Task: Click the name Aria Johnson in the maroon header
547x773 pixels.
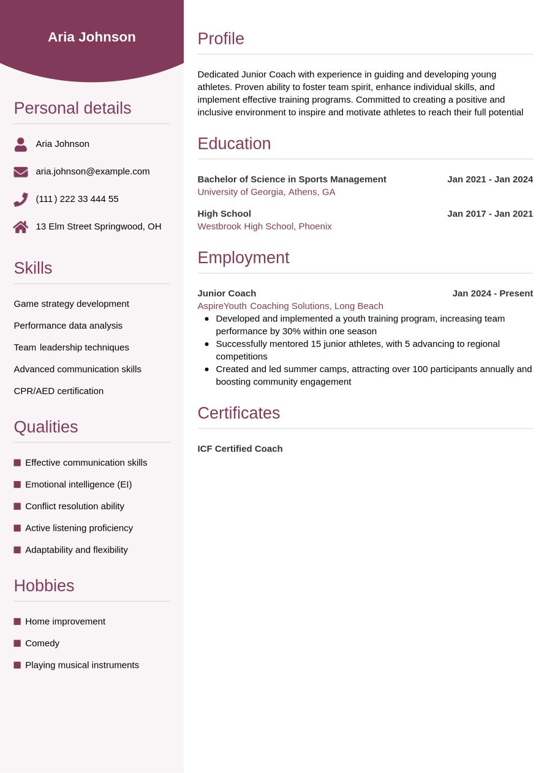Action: click(92, 37)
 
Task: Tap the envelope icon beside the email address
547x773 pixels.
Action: click(21, 172)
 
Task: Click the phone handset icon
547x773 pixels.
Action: click(21, 200)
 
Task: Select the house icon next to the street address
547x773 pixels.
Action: click(21, 227)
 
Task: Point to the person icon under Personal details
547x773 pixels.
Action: click(21, 144)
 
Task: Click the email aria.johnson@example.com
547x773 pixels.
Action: click(92, 171)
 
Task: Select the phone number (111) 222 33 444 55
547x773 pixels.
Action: click(77, 199)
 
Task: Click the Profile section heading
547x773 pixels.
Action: click(221, 39)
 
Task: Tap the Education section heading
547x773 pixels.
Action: click(234, 143)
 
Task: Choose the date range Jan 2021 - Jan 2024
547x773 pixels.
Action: click(490, 179)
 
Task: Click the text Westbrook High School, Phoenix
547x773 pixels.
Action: click(265, 226)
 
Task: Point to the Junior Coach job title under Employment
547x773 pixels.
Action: click(227, 293)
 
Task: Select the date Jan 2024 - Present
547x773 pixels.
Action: click(492, 293)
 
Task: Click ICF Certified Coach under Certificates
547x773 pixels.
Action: click(240, 449)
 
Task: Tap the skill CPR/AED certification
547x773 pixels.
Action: click(59, 391)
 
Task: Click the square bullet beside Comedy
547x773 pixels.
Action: click(17, 643)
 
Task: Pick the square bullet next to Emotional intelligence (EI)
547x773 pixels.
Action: click(17, 485)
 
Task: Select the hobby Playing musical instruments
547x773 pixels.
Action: click(82, 665)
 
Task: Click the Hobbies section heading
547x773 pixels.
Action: click(44, 586)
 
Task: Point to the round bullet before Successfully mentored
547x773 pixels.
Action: click(207, 344)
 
